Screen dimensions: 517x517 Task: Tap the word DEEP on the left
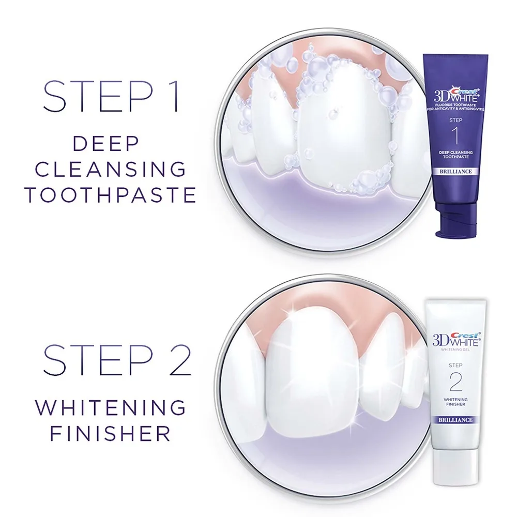106,144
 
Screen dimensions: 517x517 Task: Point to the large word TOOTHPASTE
111,195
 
